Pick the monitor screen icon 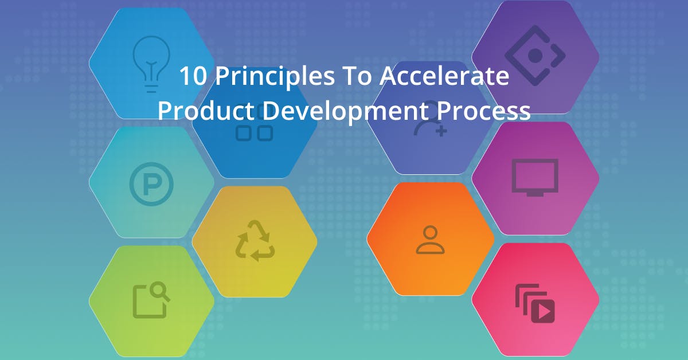(x=534, y=177)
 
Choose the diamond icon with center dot (x=535, y=56)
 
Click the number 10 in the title (x=190, y=76)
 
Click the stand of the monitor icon (x=534, y=194)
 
